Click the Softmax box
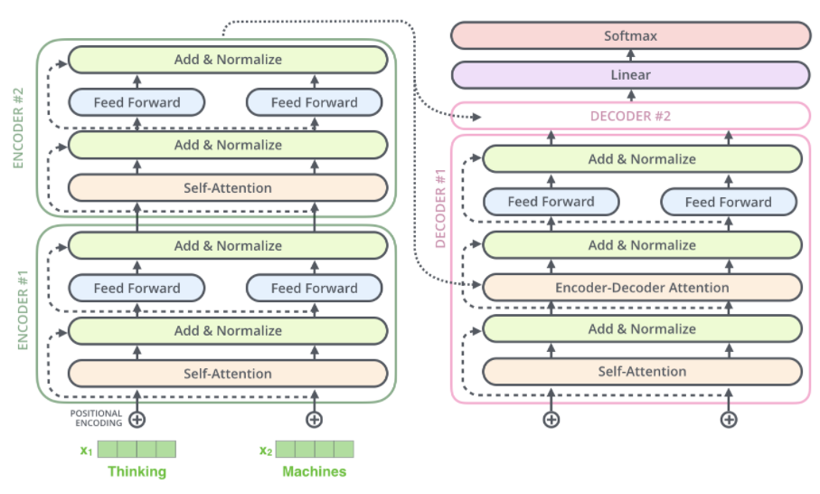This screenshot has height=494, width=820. click(630, 36)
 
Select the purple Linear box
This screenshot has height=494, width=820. click(630, 75)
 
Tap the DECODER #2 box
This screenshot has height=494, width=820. click(630, 116)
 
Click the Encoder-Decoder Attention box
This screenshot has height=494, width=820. click(642, 288)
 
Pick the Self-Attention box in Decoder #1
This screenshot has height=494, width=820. click(642, 371)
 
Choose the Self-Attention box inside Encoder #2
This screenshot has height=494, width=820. click(228, 188)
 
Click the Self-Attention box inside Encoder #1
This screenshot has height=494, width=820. click(228, 373)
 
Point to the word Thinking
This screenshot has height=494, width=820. click(137, 471)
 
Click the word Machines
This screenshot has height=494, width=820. click(314, 471)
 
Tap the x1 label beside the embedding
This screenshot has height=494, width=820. click(86, 450)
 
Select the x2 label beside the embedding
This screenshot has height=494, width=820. click(265, 450)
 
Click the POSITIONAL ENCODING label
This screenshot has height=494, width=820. click(96, 419)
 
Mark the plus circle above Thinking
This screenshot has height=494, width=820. click(137, 420)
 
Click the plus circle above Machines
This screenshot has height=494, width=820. click(314, 420)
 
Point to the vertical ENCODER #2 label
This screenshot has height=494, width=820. click(22, 128)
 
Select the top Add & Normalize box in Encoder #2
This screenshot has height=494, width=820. click(228, 60)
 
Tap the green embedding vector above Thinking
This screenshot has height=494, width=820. click(137, 450)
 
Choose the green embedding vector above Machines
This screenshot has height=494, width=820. click(315, 450)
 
